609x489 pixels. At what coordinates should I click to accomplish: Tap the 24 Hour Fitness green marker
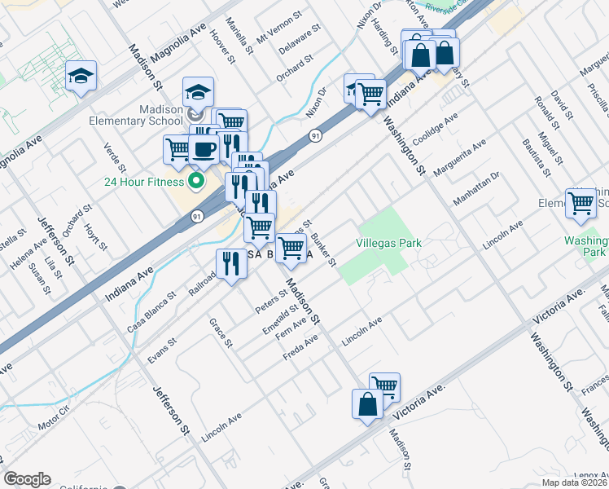195,180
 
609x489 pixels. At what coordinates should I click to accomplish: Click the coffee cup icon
203,149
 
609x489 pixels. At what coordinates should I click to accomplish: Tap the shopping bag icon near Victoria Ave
367,403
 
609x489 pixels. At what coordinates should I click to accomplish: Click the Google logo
27,479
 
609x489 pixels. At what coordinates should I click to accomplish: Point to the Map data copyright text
575,482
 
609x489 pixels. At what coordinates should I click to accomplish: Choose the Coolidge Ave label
436,126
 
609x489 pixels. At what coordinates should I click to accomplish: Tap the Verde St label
112,159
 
